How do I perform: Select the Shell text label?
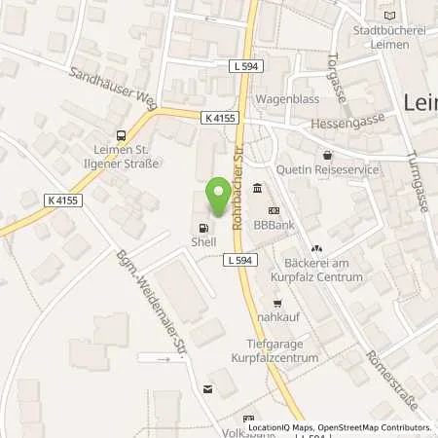click(202, 242)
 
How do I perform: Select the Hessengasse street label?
click(342, 126)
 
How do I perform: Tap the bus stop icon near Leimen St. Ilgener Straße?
click(121, 136)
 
